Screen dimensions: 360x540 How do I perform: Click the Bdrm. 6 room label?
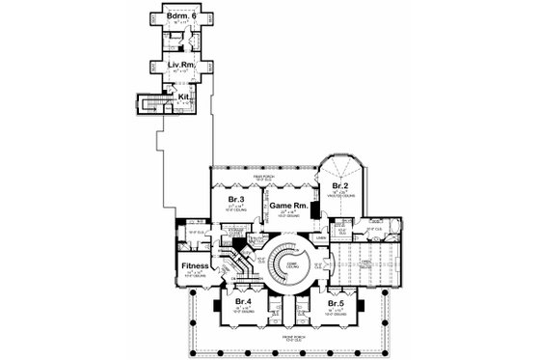[174, 19]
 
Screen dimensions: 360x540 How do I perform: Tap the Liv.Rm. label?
[174, 66]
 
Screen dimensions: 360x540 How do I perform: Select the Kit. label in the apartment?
[182, 96]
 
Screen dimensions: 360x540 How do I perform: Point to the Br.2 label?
[340, 184]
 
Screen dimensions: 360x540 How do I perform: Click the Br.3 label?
[235, 201]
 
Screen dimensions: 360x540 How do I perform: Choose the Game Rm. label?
[286, 206]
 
